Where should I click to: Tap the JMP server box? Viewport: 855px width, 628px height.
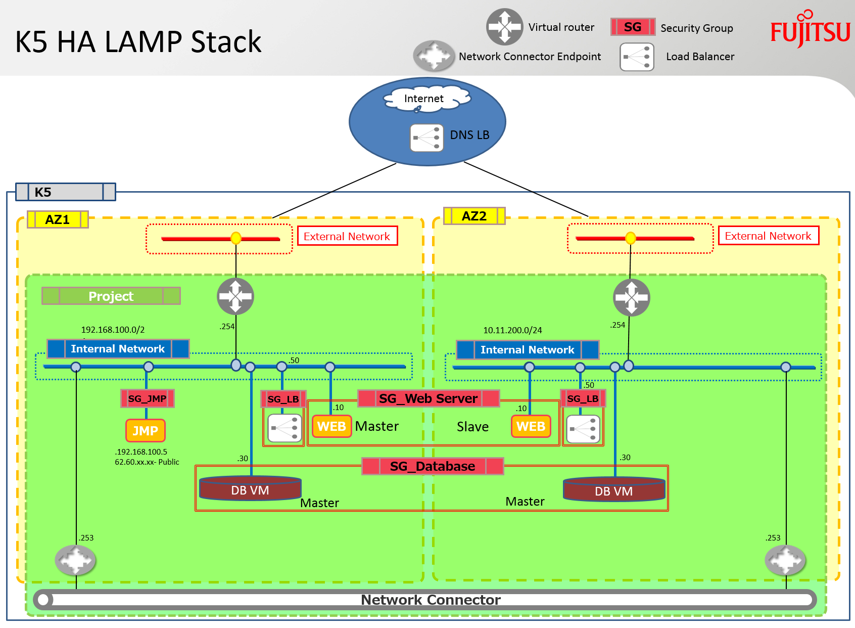coord(146,430)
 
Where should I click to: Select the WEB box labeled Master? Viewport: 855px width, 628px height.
coord(331,426)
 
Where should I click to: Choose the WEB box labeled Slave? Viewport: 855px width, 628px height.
coord(531,426)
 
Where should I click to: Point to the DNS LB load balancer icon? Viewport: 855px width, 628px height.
coord(426,138)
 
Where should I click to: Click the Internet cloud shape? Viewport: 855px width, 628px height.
coord(426,99)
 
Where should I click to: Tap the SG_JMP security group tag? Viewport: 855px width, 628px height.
coord(148,398)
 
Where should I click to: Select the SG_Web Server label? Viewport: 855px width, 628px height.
coord(429,398)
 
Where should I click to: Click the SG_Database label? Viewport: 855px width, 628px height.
coord(433,466)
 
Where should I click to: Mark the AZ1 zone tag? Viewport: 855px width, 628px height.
coord(58,219)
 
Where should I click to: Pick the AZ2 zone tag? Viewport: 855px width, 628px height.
coord(474,216)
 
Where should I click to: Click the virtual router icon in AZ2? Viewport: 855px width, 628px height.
coord(631,298)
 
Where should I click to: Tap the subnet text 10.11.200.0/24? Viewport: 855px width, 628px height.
coord(512,330)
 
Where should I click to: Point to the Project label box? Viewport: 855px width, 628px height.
coord(111,296)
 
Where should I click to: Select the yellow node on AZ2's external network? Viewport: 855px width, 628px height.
coord(631,238)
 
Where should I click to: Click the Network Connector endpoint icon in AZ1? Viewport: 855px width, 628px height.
coord(75,560)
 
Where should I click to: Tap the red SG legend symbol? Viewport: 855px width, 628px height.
coord(633,27)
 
